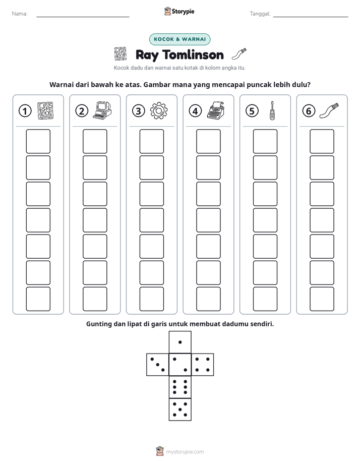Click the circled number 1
click(25, 111)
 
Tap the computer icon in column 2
click(102, 110)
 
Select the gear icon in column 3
click(159, 111)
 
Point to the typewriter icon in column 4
click(216, 110)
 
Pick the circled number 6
click(309, 111)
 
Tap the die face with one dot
click(180, 342)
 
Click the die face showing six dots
click(180, 387)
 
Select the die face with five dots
click(180, 409)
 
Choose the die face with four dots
click(203, 365)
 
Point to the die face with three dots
click(158, 365)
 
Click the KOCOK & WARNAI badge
click(179, 39)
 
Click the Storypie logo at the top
click(179, 11)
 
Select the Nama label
click(20, 14)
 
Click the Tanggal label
click(260, 14)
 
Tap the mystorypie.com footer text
click(185, 452)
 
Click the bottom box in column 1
click(38, 299)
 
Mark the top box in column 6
click(322, 141)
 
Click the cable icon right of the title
click(239, 54)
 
